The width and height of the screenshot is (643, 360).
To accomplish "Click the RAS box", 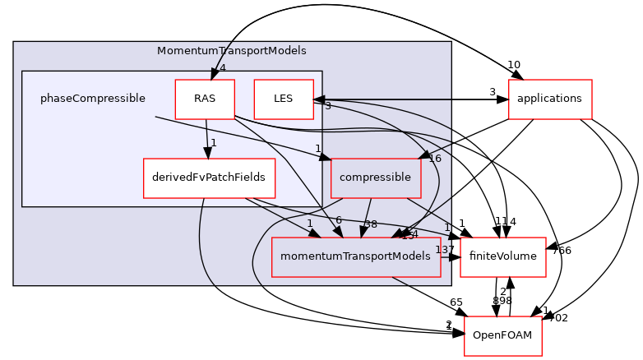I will [x=205, y=99].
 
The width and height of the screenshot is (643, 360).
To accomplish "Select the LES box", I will [x=284, y=99].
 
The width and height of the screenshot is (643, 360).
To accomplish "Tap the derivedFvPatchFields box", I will [x=209, y=178].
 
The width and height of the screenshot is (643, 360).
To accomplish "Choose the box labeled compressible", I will [x=375, y=178].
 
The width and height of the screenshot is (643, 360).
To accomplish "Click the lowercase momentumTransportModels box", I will [x=355, y=256].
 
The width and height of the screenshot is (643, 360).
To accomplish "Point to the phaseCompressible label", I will [x=93, y=99].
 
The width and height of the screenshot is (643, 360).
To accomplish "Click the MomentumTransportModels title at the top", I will [x=232, y=51].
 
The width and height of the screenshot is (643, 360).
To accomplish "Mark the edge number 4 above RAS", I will [x=222, y=68].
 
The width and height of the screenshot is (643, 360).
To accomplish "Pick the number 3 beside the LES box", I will [x=327, y=105].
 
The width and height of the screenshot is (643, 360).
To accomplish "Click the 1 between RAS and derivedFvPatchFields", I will [x=213, y=143].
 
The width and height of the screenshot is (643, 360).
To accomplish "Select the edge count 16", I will [x=435, y=159].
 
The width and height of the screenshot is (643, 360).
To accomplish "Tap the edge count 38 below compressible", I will [x=371, y=224].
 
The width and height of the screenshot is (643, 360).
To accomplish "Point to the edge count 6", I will [x=339, y=220].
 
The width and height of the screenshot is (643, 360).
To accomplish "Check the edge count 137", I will [x=442, y=250].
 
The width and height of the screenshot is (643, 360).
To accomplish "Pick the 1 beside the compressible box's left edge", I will [x=317, y=149].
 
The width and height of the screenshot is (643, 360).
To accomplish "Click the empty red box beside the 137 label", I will [x=502, y=256].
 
